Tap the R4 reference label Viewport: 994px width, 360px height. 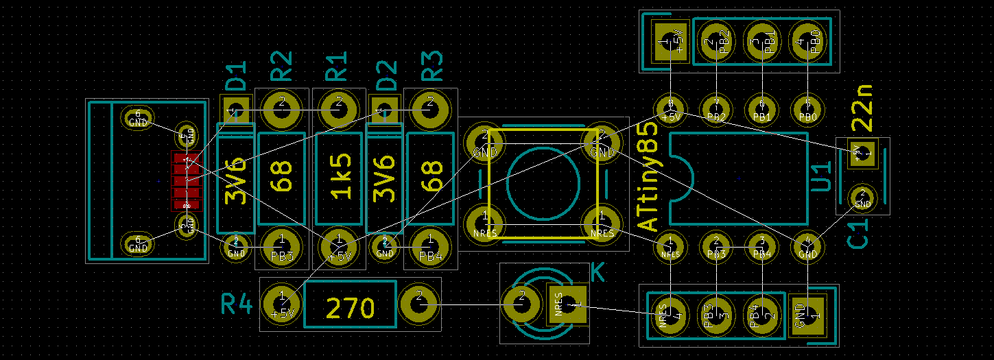(x=237, y=304)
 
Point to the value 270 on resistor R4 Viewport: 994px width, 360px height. (x=350, y=308)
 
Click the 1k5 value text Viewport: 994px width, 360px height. (x=340, y=176)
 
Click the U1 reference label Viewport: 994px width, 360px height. (x=820, y=177)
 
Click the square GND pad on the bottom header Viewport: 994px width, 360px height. (x=807, y=315)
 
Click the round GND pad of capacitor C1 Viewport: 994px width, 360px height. (x=862, y=198)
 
